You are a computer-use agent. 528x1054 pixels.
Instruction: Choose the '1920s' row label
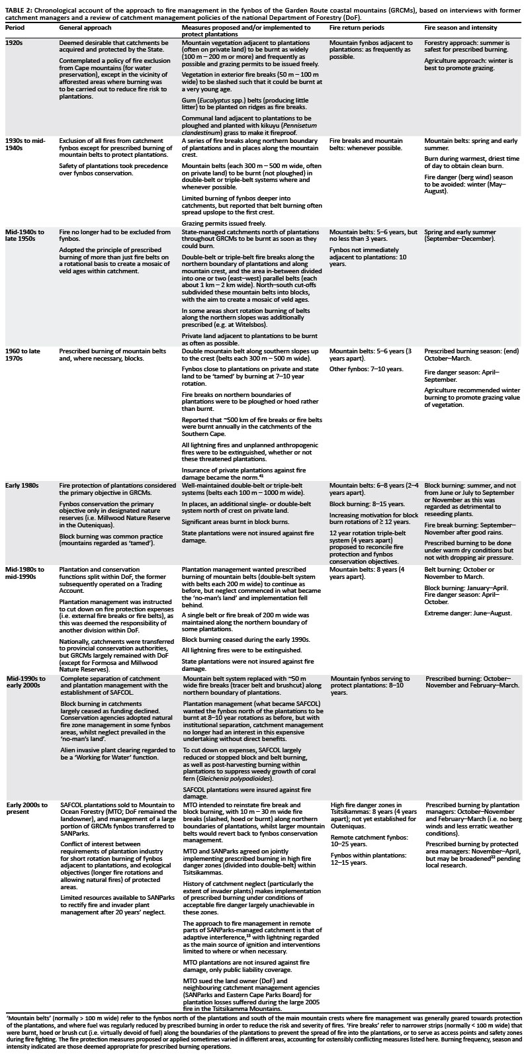click(15, 42)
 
